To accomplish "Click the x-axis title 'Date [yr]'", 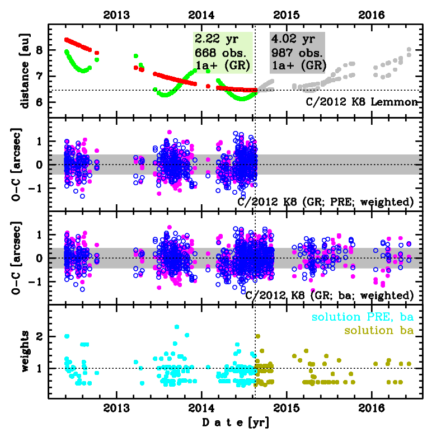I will pyautogui.click(x=235, y=422).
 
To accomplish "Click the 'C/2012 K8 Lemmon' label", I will pyautogui.click(x=362, y=102).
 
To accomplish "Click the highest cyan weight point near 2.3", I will pyautogui.click(x=177, y=327).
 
